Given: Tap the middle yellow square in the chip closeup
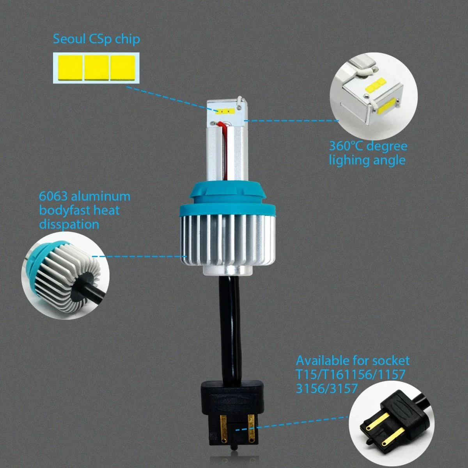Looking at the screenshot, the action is click(96, 68).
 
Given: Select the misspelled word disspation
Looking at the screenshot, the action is click(69, 224).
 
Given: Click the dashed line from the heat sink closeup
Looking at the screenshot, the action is click(139, 256).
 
